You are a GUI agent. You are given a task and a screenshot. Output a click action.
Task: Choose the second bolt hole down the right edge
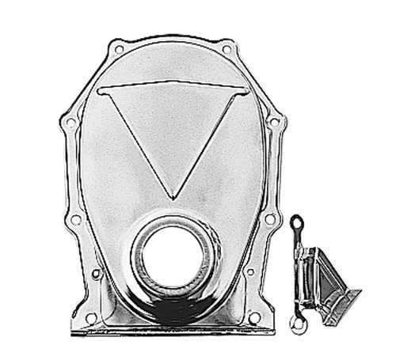pyautogui.click(x=274, y=123)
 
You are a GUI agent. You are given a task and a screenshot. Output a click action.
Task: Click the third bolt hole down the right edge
pyautogui.click(x=270, y=218)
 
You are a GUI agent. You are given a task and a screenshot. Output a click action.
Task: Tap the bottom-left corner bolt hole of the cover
pyautogui.click(x=91, y=318)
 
